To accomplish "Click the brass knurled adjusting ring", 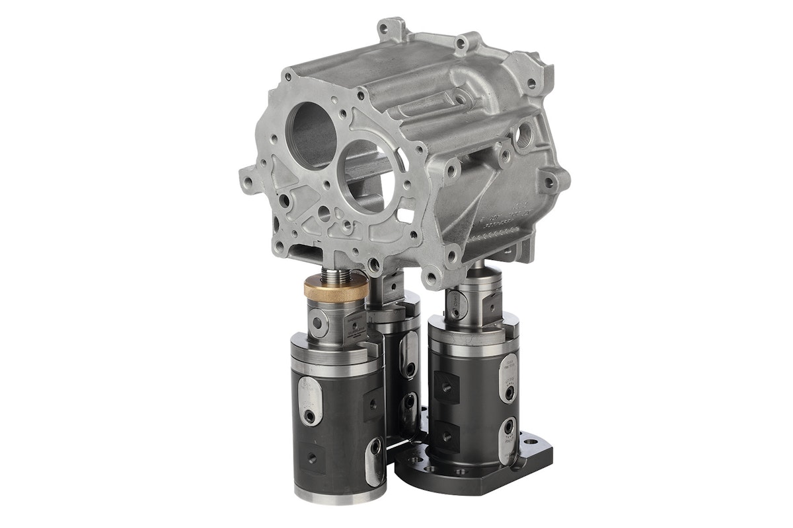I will [x=333, y=288].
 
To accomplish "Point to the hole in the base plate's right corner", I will [x=529, y=437].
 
